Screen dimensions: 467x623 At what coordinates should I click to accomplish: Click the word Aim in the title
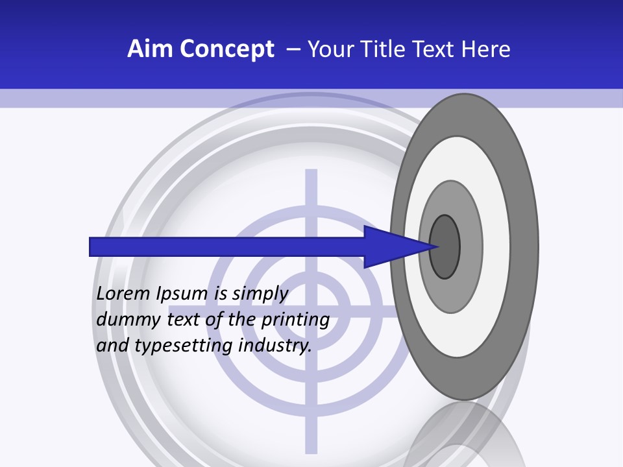[x=148, y=49]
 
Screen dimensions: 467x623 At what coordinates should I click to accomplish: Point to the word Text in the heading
[x=435, y=49]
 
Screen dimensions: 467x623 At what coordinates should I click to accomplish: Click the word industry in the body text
[x=275, y=346]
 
